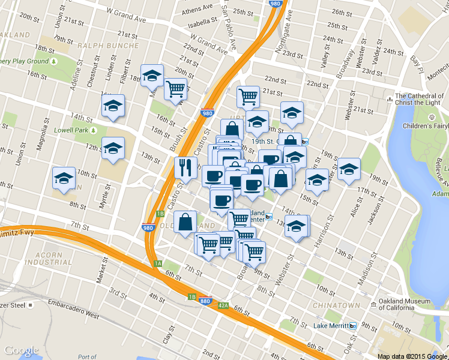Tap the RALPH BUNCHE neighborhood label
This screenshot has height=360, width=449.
[x=108, y=45]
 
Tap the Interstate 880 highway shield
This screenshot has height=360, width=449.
[x=205, y=300]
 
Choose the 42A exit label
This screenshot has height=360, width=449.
[x=223, y=305]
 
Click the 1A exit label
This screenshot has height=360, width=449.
[x=158, y=263]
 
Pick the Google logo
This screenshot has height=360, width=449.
[x=21, y=350]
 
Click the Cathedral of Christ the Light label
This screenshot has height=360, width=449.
[x=423, y=100]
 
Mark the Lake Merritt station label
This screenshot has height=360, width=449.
[x=331, y=326]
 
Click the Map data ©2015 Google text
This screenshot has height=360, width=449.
[x=412, y=356]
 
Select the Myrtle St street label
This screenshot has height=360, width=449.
[x=106, y=194]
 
